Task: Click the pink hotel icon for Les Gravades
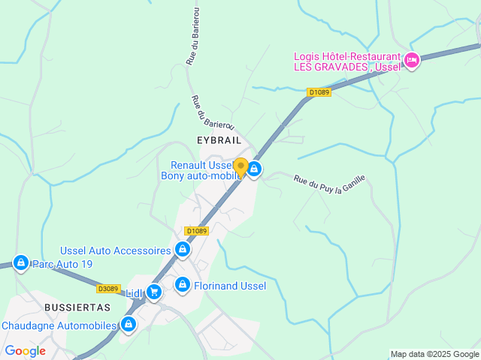pyautogui.click(x=411, y=61)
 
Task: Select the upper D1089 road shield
pyautogui.click(x=319, y=93)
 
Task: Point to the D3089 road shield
pyautogui.click(x=108, y=288)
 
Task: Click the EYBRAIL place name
pyautogui.click(x=219, y=140)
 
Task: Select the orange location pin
pyautogui.click(x=241, y=167)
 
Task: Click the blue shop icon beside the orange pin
pyautogui.click(x=255, y=170)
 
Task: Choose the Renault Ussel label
pyautogui.click(x=201, y=165)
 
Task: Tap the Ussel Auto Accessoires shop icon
pyautogui.click(x=182, y=249)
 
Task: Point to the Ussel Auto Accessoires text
pyautogui.click(x=116, y=250)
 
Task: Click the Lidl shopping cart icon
pyautogui.click(x=154, y=292)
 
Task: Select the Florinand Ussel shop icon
pyautogui.click(x=183, y=285)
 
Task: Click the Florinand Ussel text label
pyautogui.click(x=230, y=286)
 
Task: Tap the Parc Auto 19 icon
pyautogui.click(x=21, y=263)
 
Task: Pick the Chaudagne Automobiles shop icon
pyautogui.click(x=129, y=325)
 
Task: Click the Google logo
pyautogui.click(x=25, y=351)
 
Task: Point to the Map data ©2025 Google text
pyautogui.click(x=434, y=354)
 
